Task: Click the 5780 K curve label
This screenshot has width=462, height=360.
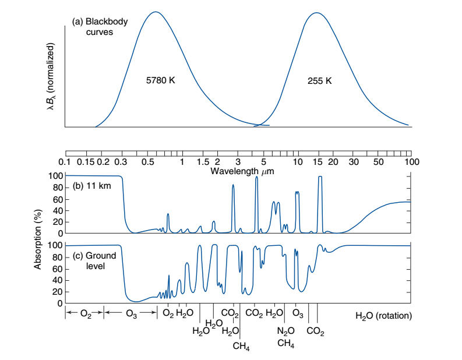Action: (x=160, y=80)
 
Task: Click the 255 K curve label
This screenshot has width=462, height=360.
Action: (x=320, y=80)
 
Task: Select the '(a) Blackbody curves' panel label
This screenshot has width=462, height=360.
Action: (x=100, y=27)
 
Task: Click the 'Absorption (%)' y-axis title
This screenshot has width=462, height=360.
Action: (x=38, y=239)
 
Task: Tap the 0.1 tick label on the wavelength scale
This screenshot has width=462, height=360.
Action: (x=65, y=161)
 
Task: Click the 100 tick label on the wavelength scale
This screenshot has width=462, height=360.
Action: (x=411, y=161)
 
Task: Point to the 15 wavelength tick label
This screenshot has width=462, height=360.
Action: (x=317, y=161)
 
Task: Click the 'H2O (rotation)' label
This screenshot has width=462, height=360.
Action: (x=383, y=316)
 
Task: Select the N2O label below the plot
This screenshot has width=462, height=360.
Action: (x=286, y=331)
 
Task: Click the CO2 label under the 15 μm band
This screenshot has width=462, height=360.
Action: (x=315, y=331)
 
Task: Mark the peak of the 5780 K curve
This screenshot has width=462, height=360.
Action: (x=155, y=12)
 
